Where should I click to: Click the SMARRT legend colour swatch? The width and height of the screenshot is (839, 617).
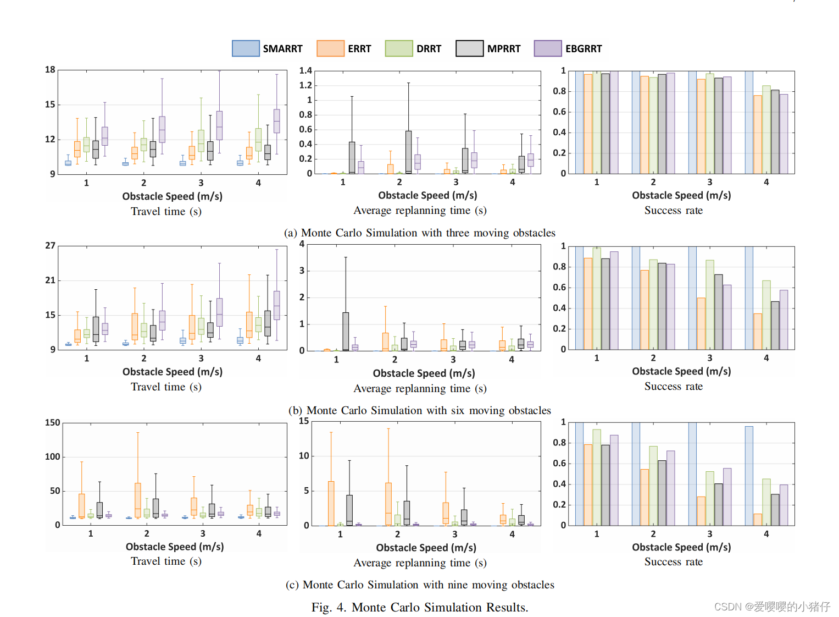pyautogui.click(x=246, y=48)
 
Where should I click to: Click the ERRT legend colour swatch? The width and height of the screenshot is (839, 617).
pyautogui.click(x=330, y=48)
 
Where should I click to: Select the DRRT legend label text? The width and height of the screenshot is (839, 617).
pyautogui.click(x=429, y=49)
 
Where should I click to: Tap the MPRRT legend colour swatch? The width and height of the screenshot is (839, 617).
pyautogui.click(x=469, y=48)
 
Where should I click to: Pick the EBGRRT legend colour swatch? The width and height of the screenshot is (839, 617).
pyautogui.click(x=548, y=48)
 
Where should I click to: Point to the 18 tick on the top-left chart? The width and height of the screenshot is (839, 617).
pyautogui.click(x=50, y=70)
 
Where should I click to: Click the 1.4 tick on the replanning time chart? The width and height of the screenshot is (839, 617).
pyautogui.click(x=305, y=71)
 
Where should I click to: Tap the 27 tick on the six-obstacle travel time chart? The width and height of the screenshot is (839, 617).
pyautogui.click(x=50, y=246)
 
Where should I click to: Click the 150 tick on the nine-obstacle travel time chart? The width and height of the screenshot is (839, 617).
pyautogui.click(x=53, y=423)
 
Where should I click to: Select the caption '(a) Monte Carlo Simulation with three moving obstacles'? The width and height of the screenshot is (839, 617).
pyautogui.click(x=419, y=233)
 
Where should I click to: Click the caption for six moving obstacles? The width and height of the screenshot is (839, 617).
pyautogui.click(x=419, y=410)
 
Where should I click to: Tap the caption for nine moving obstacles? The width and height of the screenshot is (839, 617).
pyautogui.click(x=419, y=585)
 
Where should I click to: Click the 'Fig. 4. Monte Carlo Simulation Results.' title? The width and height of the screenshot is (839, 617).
pyautogui.click(x=419, y=607)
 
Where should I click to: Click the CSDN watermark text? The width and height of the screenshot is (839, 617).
pyautogui.click(x=772, y=607)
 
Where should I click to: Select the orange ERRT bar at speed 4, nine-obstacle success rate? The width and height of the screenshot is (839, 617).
pyautogui.click(x=758, y=520)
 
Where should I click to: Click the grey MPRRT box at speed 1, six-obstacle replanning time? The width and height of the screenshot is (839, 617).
pyautogui.click(x=346, y=331)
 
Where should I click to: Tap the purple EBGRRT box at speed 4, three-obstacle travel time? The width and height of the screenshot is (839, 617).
pyautogui.click(x=277, y=121)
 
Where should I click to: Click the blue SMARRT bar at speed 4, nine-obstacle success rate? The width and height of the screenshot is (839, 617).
pyautogui.click(x=749, y=476)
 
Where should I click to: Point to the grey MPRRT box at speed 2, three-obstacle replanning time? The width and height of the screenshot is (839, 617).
pyautogui.click(x=408, y=152)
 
